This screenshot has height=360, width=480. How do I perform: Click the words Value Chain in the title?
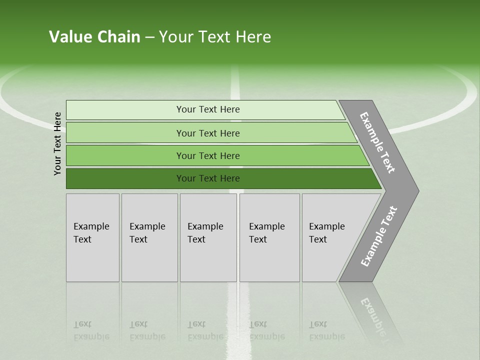point(94,37)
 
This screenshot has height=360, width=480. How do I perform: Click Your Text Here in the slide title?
point(215,37)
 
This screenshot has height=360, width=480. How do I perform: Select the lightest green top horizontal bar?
point(125,109)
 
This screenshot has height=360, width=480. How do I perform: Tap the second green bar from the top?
point(125,133)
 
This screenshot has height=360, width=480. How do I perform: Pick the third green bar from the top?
point(125,155)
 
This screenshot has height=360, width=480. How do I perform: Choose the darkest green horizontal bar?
point(125,178)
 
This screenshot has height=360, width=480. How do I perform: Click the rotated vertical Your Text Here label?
point(57,143)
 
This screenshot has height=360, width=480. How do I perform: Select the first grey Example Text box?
point(92,238)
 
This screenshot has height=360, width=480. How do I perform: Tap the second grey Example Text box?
point(149,238)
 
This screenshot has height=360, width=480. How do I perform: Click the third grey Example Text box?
point(208,238)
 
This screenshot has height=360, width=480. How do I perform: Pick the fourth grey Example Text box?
point(269,238)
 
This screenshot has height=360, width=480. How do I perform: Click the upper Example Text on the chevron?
point(377,142)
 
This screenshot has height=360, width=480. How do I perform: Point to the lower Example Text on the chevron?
point(379,236)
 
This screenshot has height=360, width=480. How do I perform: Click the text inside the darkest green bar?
point(208,178)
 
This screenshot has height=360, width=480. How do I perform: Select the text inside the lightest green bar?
point(208,109)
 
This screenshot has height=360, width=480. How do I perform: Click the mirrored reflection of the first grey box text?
point(91,330)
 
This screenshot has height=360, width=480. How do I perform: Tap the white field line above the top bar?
point(235,83)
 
